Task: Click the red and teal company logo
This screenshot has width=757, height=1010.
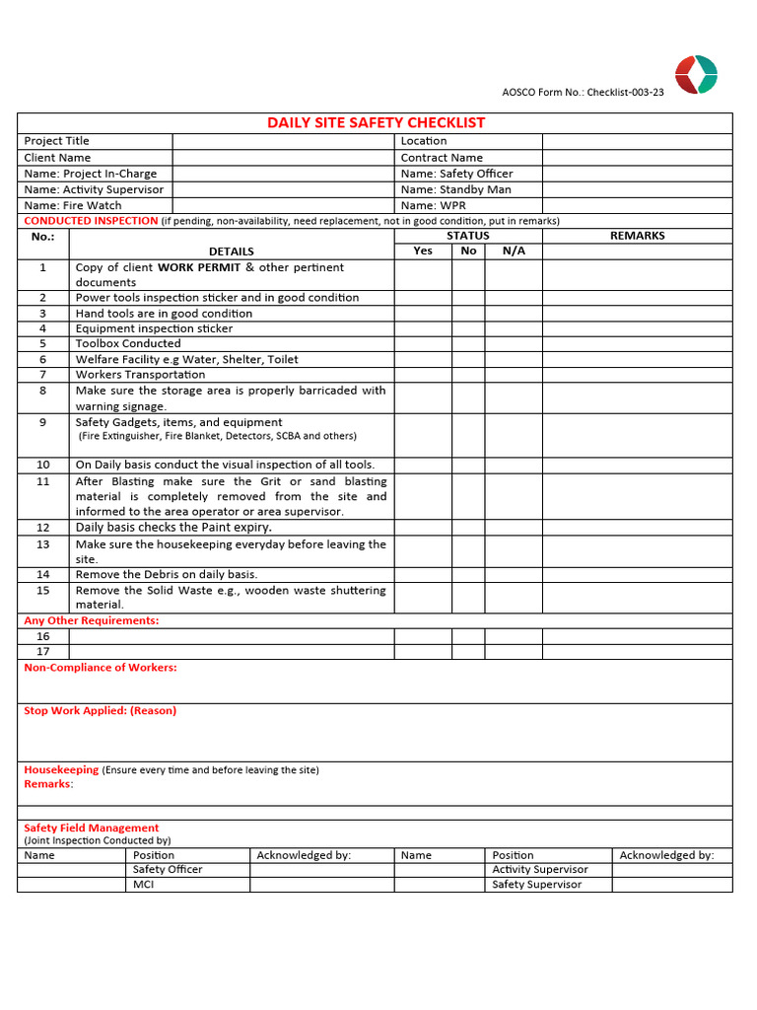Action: (696, 75)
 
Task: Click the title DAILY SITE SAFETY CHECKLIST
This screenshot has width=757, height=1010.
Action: (377, 123)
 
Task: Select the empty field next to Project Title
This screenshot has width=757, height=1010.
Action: (283, 141)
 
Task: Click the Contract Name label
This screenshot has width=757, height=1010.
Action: (442, 158)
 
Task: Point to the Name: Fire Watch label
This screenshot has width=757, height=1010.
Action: (73, 205)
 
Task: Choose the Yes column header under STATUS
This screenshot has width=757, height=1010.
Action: (423, 251)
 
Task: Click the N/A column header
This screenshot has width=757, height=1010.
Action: (514, 251)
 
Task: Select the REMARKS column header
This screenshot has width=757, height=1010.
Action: (637, 236)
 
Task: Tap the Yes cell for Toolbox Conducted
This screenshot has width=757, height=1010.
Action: (423, 344)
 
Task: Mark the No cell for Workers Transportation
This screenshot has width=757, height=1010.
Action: (468, 375)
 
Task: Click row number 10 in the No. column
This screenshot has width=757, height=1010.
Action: (43, 465)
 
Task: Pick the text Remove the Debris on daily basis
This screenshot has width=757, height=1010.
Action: (167, 574)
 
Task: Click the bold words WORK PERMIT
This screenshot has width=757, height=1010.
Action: (199, 267)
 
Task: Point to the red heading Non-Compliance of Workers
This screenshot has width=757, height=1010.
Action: (101, 668)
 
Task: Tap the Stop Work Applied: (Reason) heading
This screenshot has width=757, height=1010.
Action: (101, 710)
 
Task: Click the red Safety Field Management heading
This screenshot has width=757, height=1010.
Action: (92, 829)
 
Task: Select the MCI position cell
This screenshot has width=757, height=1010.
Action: (144, 885)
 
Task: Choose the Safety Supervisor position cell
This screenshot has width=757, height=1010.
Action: (537, 885)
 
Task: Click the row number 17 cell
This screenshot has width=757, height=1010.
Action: (43, 651)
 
